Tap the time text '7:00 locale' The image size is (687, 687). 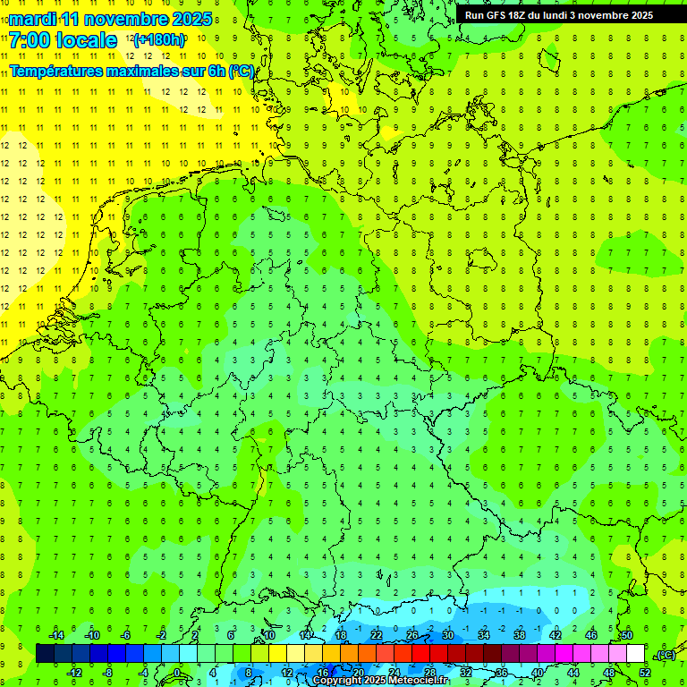pos(64,40)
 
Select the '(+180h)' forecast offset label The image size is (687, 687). pos(159,40)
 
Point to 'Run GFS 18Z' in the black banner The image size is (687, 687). pos(495,15)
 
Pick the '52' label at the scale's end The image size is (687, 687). pos(645,672)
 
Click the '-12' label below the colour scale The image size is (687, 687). pos(74,672)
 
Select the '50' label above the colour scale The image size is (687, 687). pos(626,635)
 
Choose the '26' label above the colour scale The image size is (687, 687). pos(411,635)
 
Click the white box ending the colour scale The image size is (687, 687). pos(635,654)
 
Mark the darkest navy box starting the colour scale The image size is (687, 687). pos(45,654)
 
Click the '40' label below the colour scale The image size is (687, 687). pos(538,672)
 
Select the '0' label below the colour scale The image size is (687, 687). pos(176,672)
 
